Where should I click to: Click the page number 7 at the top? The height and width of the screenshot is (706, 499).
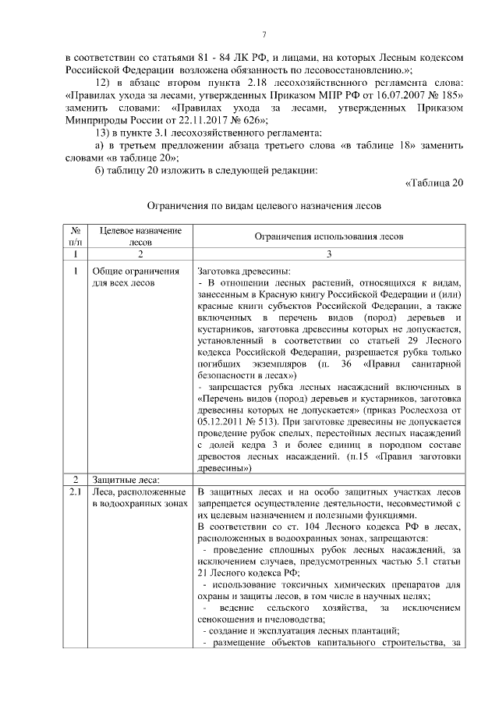coord(264,34)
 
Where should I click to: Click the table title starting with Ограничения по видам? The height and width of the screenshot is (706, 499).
coord(264,208)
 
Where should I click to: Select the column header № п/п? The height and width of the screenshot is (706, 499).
coord(76,236)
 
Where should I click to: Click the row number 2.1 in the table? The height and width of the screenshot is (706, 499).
coord(76,492)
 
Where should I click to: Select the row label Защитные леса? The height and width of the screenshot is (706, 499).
coord(126,478)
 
